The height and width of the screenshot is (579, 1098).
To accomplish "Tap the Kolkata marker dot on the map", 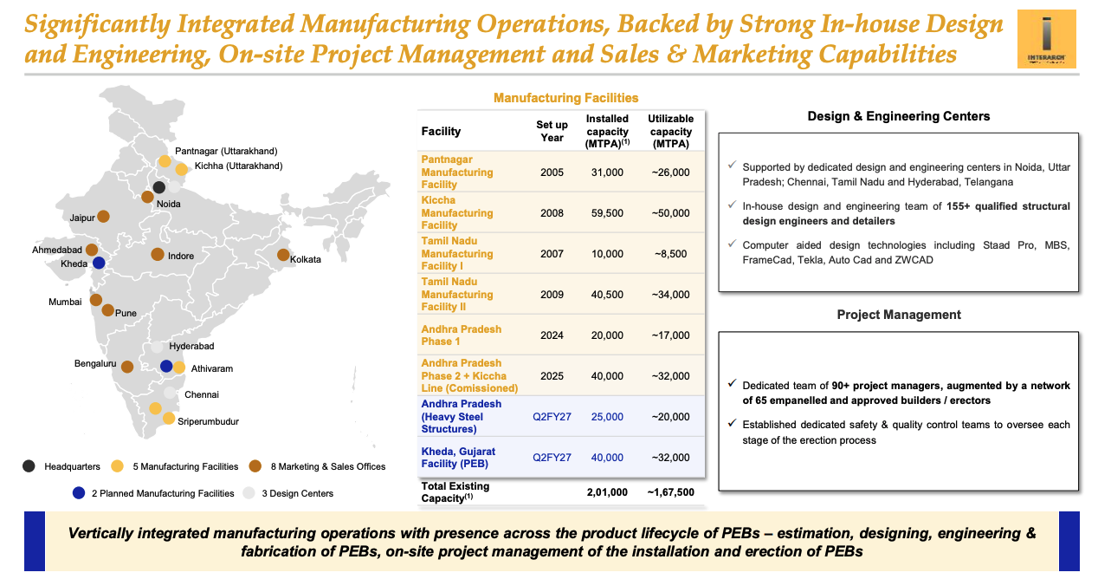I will click(x=283, y=255).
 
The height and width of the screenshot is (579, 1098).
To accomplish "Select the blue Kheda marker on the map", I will click(x=99, y=263).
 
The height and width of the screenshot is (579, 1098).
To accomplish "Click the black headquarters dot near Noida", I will click(x=158, y=187).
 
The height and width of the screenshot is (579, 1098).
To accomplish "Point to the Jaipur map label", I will click(x=82, y=218).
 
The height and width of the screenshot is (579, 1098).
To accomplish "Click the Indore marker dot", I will click(x=157, y=255).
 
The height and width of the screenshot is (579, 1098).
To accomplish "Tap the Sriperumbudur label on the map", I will click(x=208, y=421).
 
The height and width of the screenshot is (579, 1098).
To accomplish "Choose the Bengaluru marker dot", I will click(x=129, y=367).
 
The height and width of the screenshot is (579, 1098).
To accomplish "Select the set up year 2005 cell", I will click(x=551, y=172).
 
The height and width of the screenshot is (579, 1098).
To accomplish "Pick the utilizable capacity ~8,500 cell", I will click(x=670, y=254).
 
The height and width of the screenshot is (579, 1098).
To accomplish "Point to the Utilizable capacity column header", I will click(x=670, y=131).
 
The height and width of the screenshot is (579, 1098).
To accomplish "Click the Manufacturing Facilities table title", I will click(x=565, y=98).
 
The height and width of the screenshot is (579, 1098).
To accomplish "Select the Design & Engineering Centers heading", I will click(x=898, y=116).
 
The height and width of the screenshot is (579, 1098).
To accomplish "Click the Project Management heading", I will click(x=898, y=315).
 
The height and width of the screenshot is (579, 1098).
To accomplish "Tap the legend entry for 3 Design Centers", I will click(x=298, y=493).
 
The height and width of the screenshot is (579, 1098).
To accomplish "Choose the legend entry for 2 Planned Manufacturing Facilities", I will click(x=163, y=493).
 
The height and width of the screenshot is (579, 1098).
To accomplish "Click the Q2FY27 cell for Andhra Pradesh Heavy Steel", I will click(x=551, y=417).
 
